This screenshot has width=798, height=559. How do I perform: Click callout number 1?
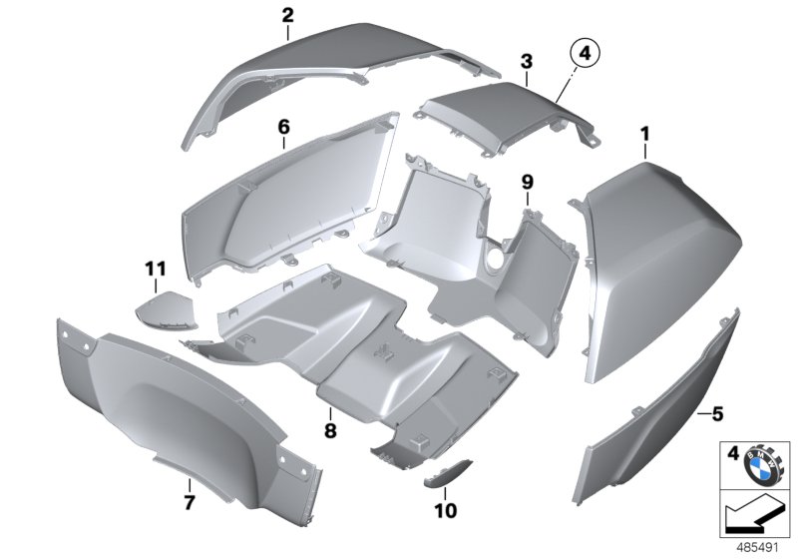[644, 132]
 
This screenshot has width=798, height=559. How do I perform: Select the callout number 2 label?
[287, 15]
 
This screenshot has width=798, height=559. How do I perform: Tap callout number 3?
[526, 62]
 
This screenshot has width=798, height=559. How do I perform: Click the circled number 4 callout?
[587, 52]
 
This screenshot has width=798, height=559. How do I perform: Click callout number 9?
[528, 182]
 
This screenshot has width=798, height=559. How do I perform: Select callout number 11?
[153, 270]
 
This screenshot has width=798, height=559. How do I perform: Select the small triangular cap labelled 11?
[165, 311]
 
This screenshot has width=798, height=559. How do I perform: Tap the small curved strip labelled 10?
[452, 473]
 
